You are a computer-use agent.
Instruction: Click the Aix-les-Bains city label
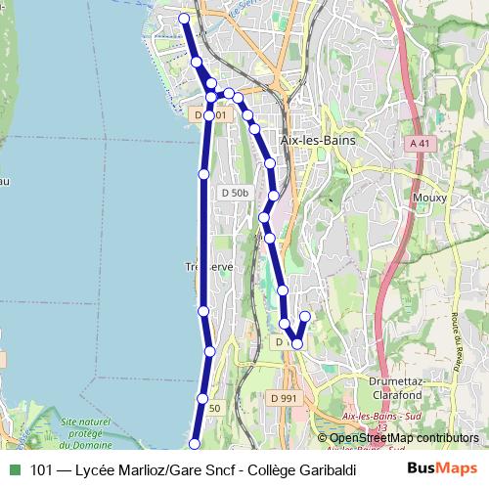click(318, 141)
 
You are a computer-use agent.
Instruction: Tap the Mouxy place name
click(430, 198)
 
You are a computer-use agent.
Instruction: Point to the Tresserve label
click(209, 266)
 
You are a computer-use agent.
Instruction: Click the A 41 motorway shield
click(419, 144)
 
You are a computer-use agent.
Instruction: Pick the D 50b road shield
click(235, 193)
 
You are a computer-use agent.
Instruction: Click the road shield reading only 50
click(215, 408)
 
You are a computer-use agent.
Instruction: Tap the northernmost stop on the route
click(184, 18)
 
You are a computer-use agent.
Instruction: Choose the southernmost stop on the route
click(194, 444)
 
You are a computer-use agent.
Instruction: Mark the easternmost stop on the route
click(305, 316)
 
